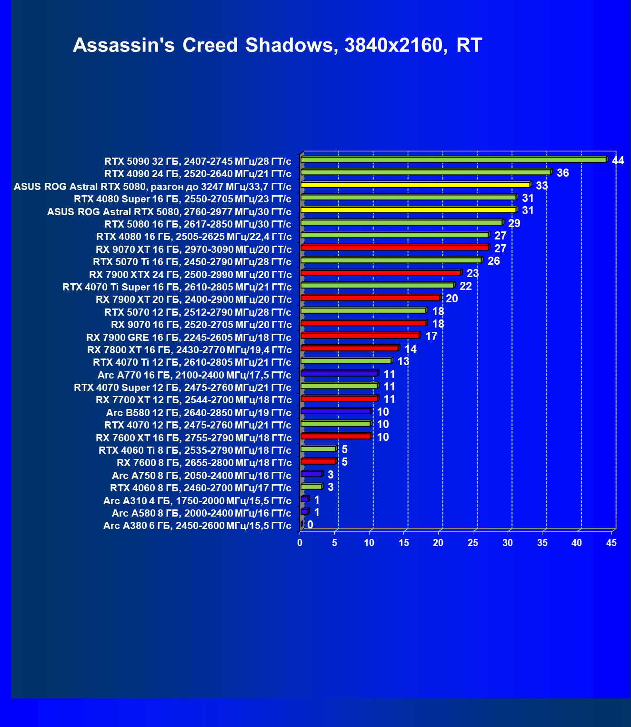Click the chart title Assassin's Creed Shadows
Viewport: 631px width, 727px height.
277,45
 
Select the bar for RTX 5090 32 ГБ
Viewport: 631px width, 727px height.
453,159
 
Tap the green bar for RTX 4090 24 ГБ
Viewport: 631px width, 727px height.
426,172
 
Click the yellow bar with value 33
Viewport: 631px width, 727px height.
415,185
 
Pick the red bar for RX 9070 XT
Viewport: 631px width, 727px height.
394,248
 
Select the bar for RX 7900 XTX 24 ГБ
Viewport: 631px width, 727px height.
381,273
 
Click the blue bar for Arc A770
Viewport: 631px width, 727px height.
339,373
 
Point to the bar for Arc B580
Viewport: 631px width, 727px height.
336,411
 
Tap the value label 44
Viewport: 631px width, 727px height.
618,160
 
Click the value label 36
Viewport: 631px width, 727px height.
562,173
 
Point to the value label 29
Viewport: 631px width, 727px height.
514,223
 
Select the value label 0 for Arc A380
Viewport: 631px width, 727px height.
310,525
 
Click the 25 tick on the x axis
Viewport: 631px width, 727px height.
473,543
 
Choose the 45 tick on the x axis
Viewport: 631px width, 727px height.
611,543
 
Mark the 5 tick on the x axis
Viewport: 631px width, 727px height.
335,543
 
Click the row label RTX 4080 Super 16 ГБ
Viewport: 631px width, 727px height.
182,199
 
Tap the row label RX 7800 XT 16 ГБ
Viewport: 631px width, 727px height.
189,350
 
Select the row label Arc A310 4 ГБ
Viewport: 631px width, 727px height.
197,501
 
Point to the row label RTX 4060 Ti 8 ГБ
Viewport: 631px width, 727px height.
195,450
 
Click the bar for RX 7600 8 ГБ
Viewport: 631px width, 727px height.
318,461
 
